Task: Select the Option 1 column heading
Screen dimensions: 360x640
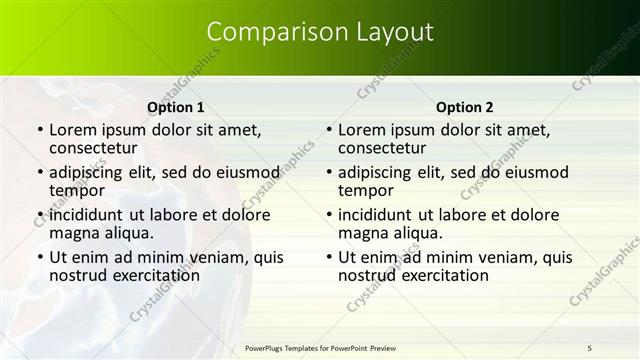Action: pos(176,107)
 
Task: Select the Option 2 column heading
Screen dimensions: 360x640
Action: pos(465,107)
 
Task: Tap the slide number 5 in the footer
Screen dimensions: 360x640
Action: pos(589,347)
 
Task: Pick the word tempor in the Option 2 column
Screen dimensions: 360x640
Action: pos(365,190)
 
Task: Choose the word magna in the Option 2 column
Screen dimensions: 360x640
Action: pos(362,233)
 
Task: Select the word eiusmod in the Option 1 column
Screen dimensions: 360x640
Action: pos(245,172)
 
